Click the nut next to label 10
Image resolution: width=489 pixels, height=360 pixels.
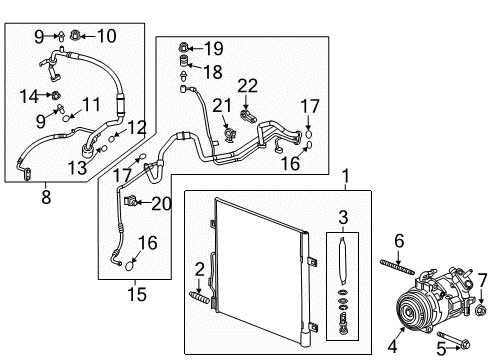coord(76,37)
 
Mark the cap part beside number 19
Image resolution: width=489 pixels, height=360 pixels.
coord(184,46)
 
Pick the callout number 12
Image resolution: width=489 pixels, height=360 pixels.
coord(137,126)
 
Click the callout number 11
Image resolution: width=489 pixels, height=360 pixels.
coord(92,103)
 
